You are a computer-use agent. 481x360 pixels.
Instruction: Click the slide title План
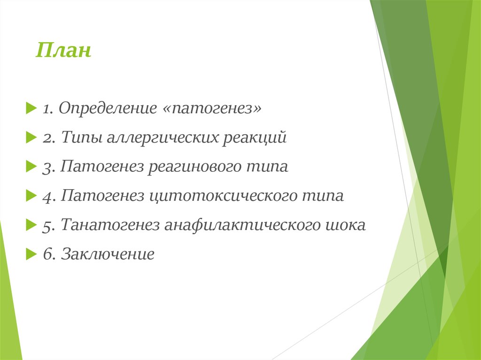[63, 50]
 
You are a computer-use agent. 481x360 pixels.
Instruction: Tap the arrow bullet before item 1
[31, 108]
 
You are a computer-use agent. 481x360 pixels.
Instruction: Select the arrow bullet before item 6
[31, 254]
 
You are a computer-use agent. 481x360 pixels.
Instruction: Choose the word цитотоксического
[223, 196]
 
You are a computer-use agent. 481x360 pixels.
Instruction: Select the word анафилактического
[241, 225]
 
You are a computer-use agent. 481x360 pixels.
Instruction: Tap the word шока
[345, 225]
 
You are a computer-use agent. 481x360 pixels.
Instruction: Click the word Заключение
[108, 254]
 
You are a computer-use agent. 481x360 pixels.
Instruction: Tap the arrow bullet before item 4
[31, 196]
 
